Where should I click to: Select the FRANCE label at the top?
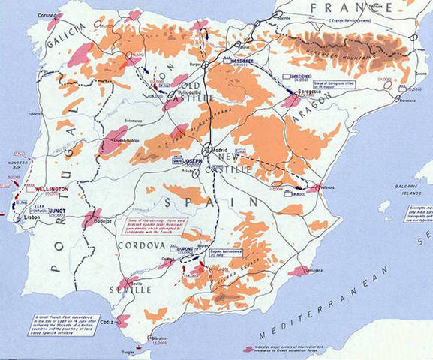[331, 7]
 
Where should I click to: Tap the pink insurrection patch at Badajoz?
[92, 217]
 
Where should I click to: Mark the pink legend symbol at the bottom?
[248, 349]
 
